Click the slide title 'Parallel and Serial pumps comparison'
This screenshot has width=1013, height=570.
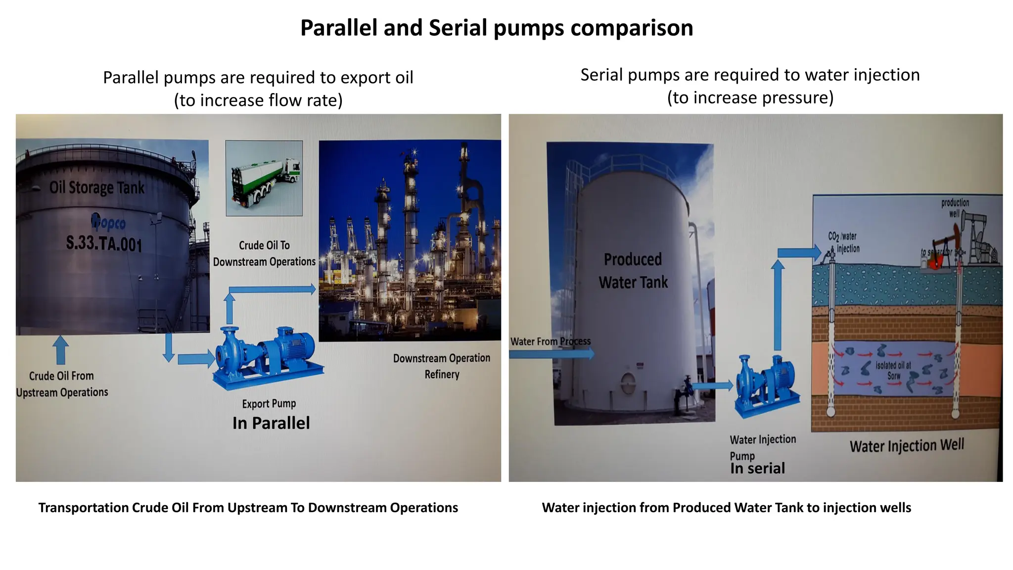497,28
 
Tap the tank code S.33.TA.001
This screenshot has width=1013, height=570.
104,243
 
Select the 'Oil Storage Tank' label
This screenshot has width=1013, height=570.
97,188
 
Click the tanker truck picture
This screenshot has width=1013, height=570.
264,178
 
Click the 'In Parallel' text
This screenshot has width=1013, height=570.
271,423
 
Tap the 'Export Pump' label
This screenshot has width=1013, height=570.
269,404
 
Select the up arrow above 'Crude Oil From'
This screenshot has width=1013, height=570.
60,349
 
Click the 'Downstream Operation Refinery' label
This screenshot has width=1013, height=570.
442,366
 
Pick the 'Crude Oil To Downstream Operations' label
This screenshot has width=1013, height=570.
264,253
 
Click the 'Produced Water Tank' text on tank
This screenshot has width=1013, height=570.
633,271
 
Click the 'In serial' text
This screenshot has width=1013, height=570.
757,468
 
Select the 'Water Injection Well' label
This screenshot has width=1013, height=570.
907,445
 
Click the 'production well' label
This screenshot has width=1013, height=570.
955,208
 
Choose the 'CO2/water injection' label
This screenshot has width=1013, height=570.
844,242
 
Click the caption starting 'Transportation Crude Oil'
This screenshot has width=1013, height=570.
248,508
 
